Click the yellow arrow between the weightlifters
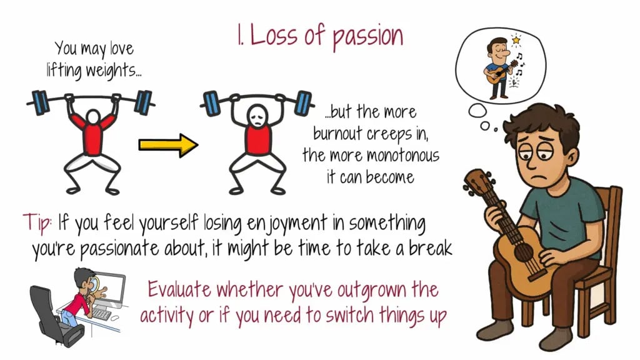[168, 145]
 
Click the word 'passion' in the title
[367, 36]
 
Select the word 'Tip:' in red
[37, 222]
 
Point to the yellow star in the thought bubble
[516, 39]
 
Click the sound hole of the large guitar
[523, 251]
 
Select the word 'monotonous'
[402, 156]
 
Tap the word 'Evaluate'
[179, 290]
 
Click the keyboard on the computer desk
[102, 314]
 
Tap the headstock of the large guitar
[477, 180]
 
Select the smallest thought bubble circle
[496, 130]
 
